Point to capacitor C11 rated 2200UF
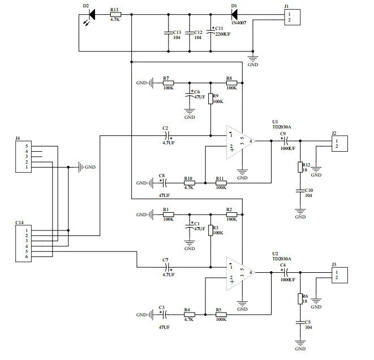click(x=211, y=33)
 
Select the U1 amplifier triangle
click(x=239, y=141)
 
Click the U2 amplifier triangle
click(x=239, y=272)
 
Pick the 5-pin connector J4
click(x=25, y=157)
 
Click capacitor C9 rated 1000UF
click(x=286, y=141)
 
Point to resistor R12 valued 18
click(x=300, y=167)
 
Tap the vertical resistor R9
click(x=210, y=98)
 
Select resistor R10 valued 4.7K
click(x=188, y=183)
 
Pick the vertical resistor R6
click(x=300, y=298)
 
